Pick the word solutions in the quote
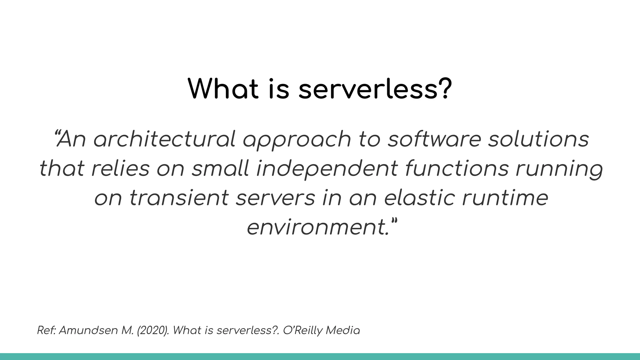538,139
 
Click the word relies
121,168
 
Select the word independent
327,169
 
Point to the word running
559,169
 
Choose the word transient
179,198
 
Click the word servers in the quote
275,198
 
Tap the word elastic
419,198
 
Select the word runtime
505,198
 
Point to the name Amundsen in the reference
88,330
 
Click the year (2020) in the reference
153,330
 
